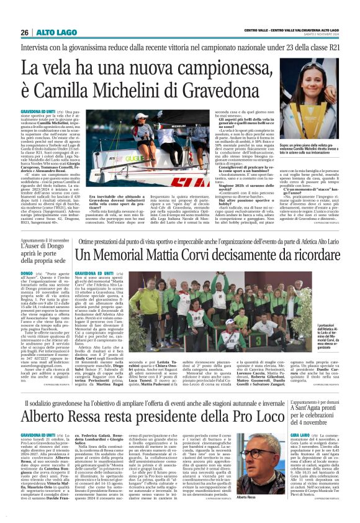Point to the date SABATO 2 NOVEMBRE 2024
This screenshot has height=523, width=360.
pyautogui.click(x=322, y=32)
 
